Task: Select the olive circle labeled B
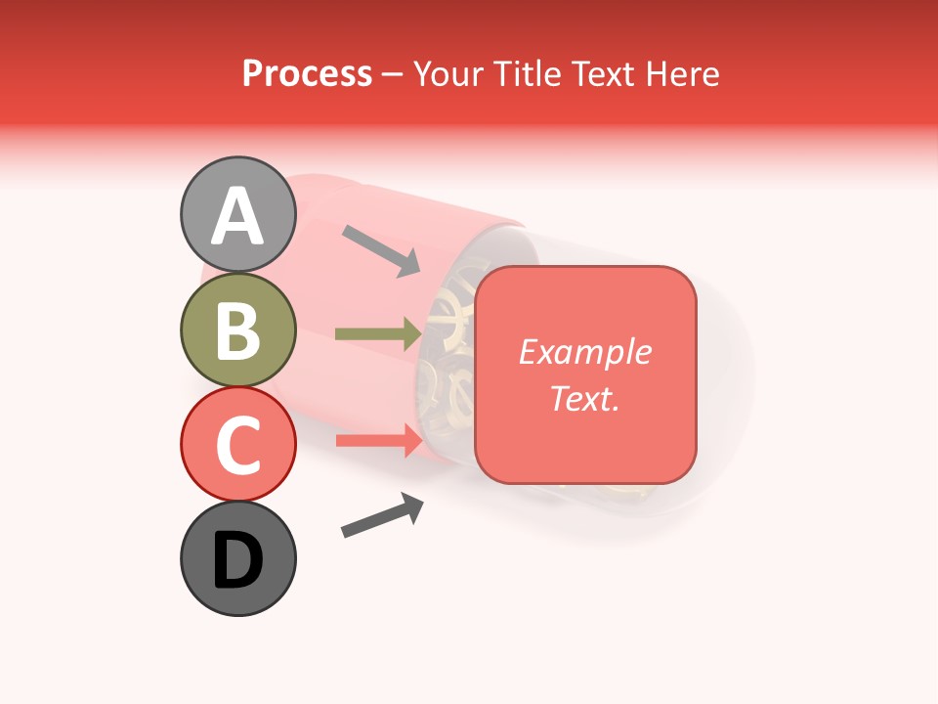coord(238,330)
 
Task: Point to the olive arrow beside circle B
coord(378,334)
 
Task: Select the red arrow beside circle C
coord(379,440)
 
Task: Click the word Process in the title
coord(307,74)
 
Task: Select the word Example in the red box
coord(585,352)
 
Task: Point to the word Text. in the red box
coord(585,398)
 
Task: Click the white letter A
coord(238,216)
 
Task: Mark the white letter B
coord(238,330)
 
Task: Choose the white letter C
coord(238,445)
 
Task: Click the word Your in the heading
coord(450,74)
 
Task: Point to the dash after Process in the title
coord(393,75)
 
